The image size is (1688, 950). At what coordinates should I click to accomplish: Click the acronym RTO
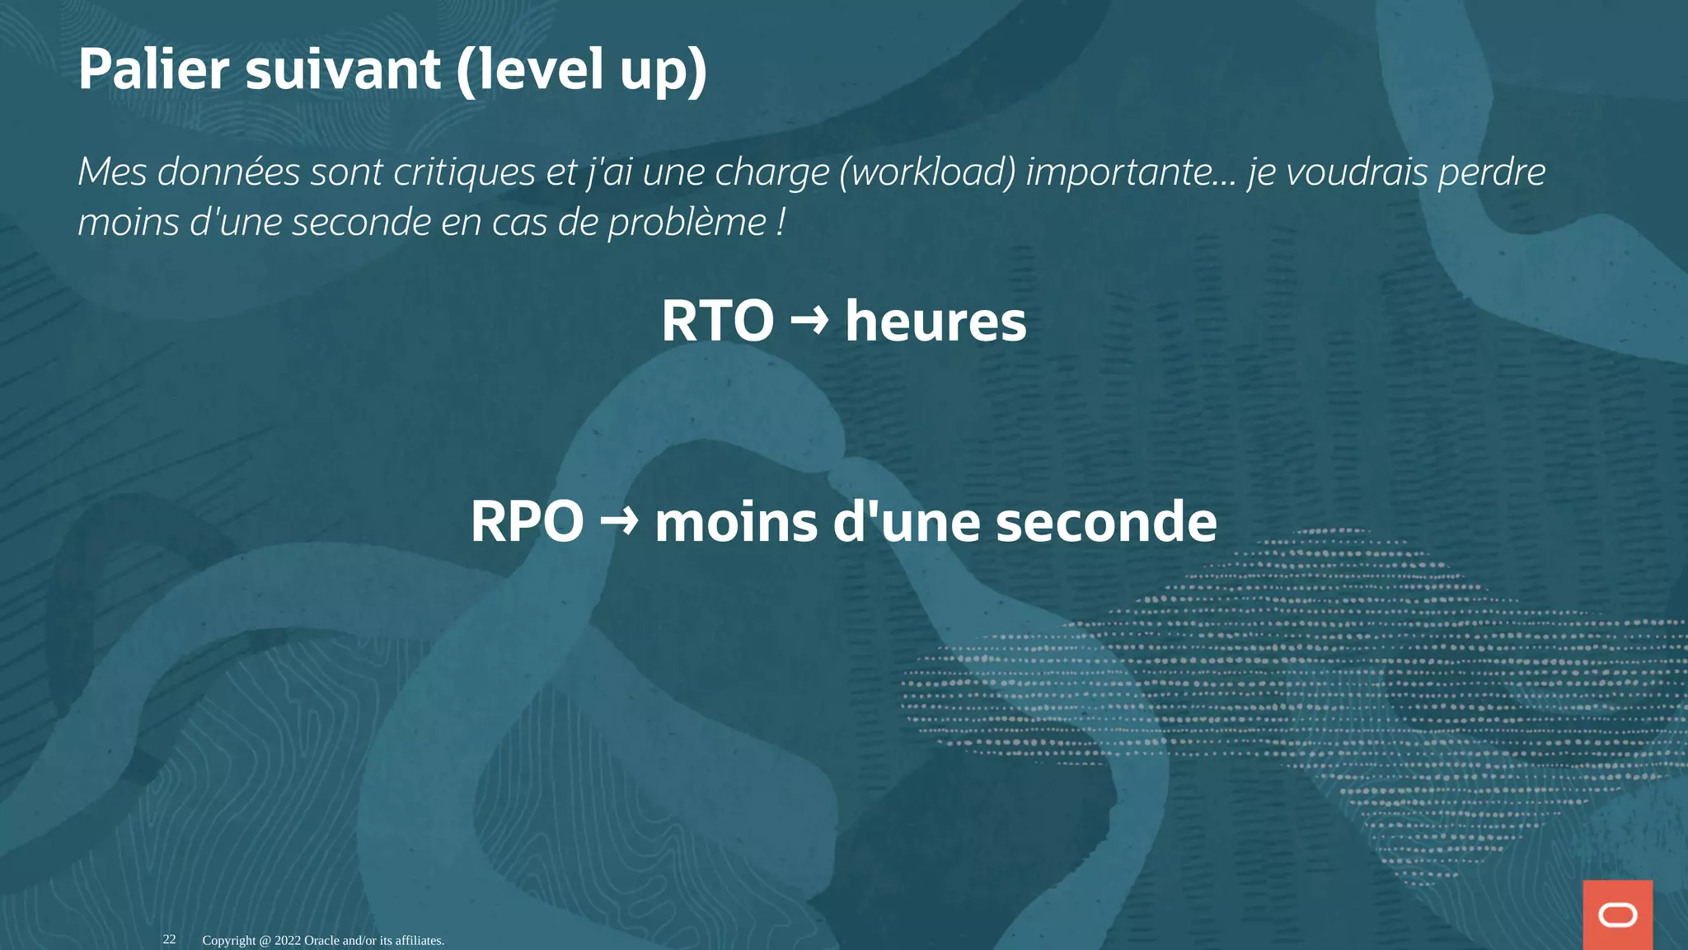point(717,321)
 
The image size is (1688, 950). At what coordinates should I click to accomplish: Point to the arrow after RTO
point(809,320)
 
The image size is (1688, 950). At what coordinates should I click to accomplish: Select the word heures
point(935,321)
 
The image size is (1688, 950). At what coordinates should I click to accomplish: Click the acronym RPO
point(527,521)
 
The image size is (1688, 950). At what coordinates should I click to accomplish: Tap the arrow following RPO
point(619,520)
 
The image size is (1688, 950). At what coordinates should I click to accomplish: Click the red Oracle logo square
point(1617,915)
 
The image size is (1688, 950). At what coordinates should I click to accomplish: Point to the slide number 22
point(169,939)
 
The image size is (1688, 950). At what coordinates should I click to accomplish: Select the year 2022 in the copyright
point(288,940)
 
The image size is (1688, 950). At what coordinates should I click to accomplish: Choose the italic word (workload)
point(927,172)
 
